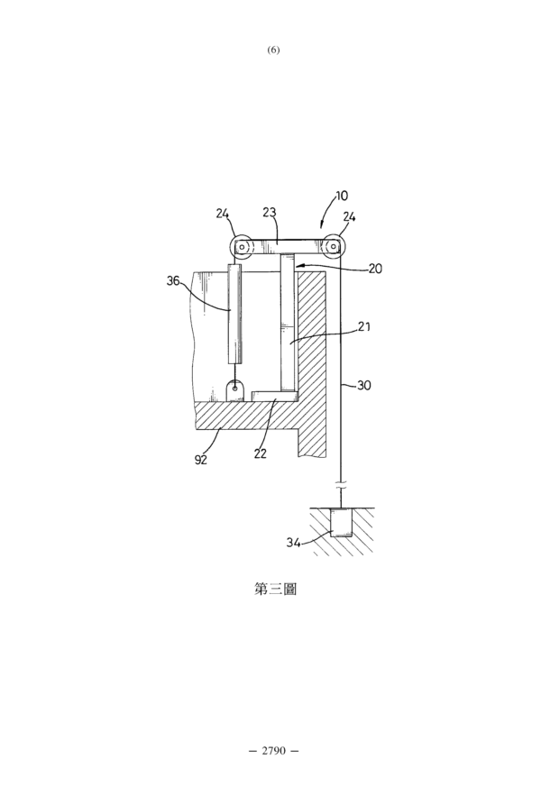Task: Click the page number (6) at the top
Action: [273, 50]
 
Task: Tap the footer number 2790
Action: [273, 750]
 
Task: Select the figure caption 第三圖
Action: [275, 589]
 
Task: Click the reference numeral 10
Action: [342, 196]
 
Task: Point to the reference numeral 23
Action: [270, 212]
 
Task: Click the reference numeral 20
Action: [375, 269]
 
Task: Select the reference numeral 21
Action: [363, 326]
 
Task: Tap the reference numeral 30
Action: [363, 385]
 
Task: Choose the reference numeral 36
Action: [173, 280]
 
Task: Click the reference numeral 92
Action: [201, 460]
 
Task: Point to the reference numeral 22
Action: [260, 453]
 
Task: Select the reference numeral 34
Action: [293, 543]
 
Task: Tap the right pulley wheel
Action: [334, 247]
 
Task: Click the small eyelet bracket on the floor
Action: [235, 391]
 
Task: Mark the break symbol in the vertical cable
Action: [342, 485]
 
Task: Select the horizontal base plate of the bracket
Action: [274, 395]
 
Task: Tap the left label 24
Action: [222, 214]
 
